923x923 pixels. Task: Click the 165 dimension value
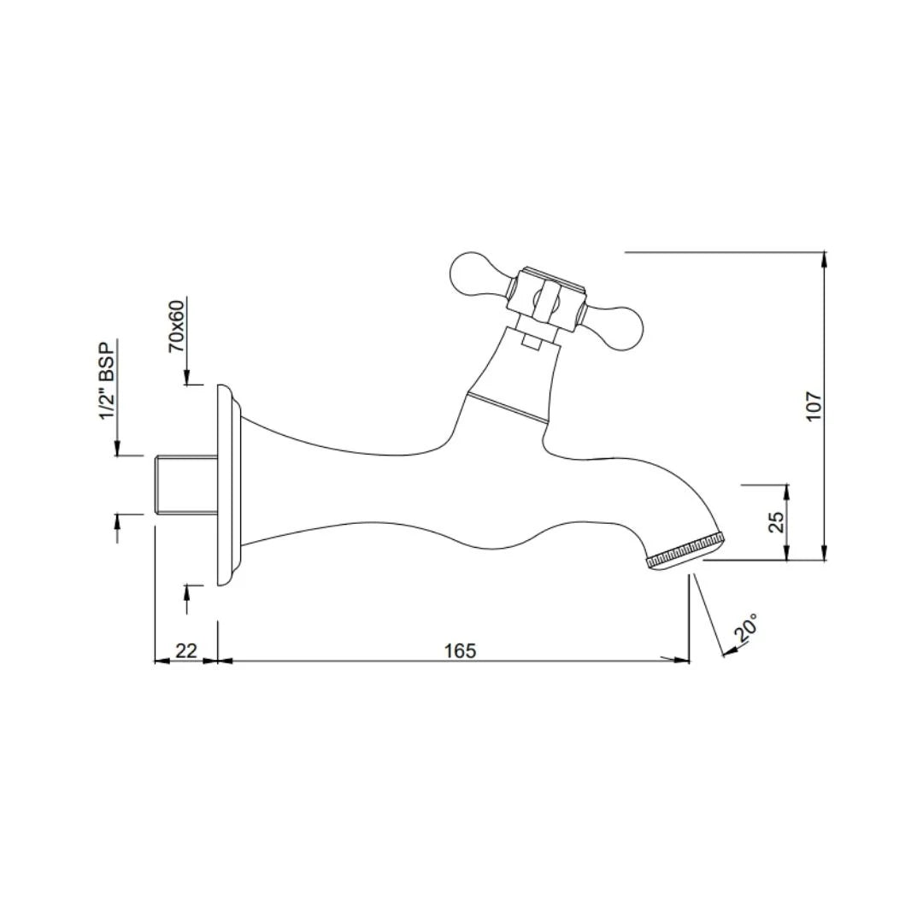click(460, 650)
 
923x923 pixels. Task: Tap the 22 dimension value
click(185, 650)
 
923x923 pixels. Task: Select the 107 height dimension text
click(814, 405)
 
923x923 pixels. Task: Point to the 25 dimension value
click(777, 522)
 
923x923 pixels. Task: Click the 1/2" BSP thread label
click(107, 380)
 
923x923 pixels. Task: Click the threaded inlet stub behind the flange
click(185, 485)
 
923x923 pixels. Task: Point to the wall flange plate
click(225, 485)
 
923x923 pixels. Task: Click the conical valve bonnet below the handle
click(512, 376)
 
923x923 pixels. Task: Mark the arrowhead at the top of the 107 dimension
click(824, 257)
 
